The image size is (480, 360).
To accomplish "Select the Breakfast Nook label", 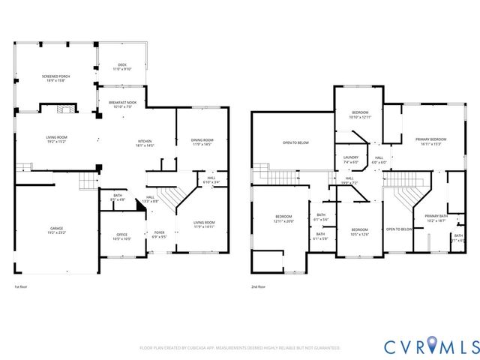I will click(121, 104).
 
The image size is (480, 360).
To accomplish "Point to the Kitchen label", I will click(145, 143).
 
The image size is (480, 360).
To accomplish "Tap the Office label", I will click(121, 237).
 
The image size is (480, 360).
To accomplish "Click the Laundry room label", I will click(351, 160).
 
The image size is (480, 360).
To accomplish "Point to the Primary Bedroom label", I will click(430, 142).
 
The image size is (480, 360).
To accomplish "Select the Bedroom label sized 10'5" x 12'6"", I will click(360, 232).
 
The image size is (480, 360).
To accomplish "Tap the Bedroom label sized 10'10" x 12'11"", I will click(360, 115).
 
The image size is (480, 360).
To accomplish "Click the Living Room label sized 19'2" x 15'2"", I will click(57, 139).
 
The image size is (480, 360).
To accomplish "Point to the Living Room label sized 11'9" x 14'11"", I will click(204, 223).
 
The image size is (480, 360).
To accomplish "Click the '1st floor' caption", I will click(22, 286).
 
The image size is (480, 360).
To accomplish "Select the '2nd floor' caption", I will click(259, 286).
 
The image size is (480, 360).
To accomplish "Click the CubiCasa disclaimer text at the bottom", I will click(239, 348).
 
